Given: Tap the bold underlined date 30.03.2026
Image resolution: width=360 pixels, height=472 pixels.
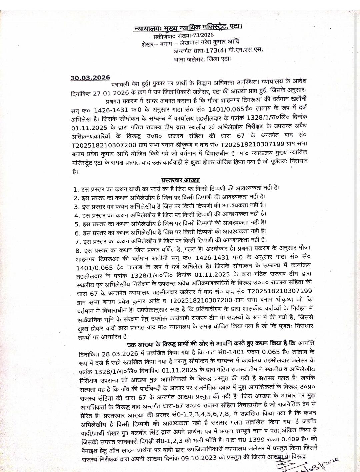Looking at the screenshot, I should click(x=90, y=78).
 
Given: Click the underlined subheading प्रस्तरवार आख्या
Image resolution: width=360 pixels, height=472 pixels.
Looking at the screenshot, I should click(x=180, y=180).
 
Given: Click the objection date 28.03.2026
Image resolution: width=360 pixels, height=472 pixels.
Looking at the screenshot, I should click(x=121, y=352).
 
